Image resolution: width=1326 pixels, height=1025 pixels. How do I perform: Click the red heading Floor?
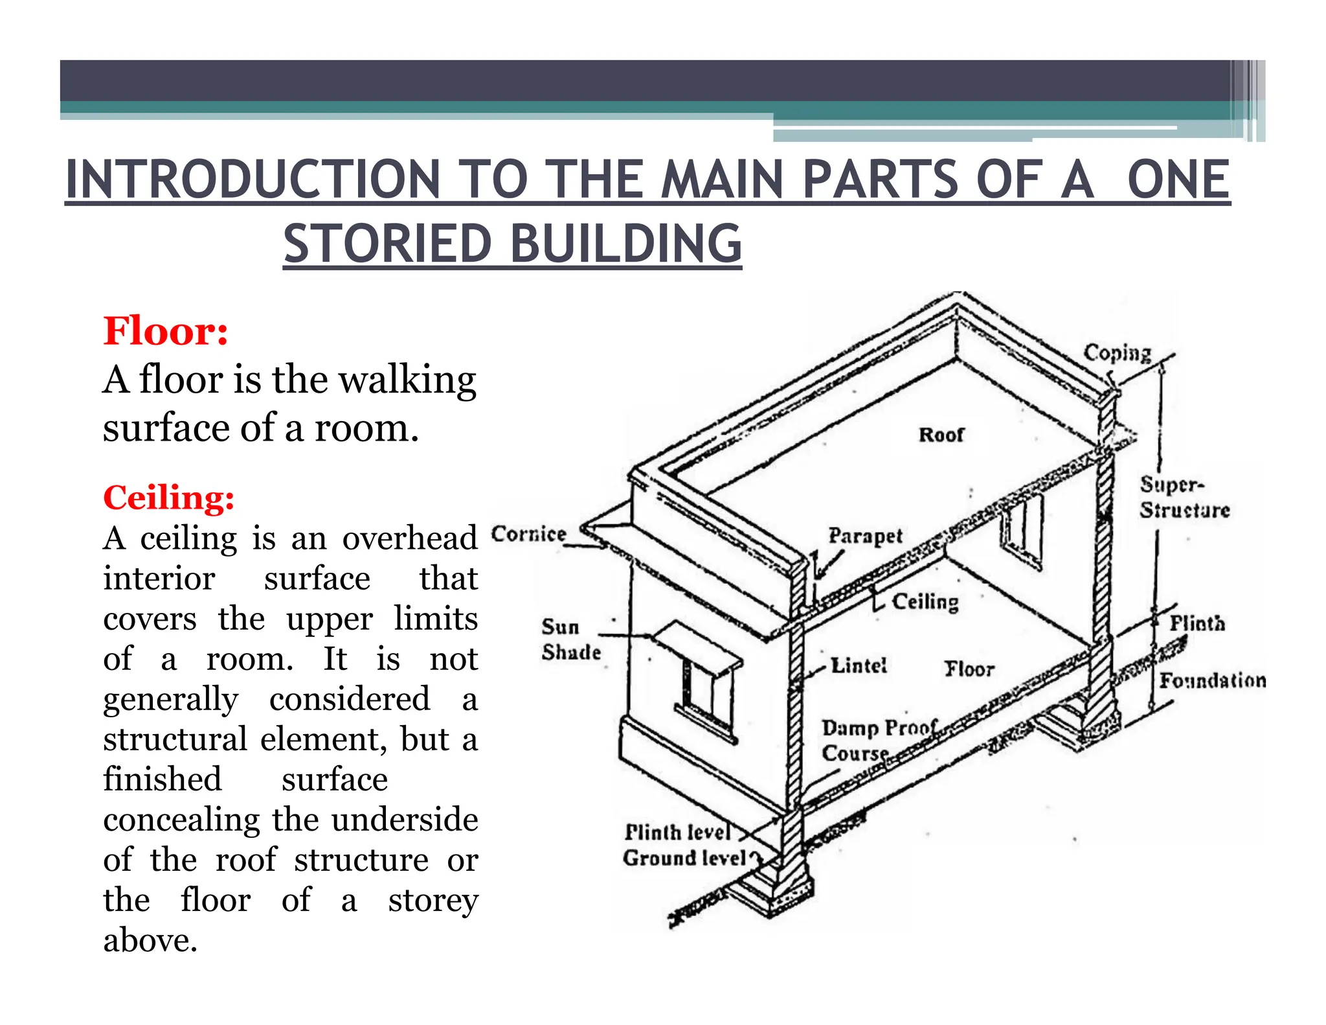pos(166,332)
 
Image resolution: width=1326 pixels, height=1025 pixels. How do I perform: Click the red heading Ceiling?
pos(168,498)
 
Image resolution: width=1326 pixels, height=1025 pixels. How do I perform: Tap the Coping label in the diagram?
pos(1118,353)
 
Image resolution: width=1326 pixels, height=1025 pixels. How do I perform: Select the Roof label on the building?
pos(941,435)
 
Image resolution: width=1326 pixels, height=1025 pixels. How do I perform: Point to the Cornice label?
pos(528,535)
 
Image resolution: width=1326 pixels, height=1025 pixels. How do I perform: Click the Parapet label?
pos(865,536)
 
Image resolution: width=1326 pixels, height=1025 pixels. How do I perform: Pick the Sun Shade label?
pos(570,639)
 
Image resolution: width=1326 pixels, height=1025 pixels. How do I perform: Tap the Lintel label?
pos(859,665)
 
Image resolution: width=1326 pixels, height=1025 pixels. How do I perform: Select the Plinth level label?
pos(677,832)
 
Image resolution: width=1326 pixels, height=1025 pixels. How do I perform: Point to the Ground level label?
pos(684,858)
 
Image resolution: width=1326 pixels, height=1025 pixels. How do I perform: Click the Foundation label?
pos(1212,680)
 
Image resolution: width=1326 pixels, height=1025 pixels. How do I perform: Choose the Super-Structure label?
pos(1184,497)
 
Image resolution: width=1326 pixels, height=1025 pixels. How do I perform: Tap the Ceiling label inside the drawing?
pos(925,602)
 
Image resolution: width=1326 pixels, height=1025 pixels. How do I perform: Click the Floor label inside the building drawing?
pos(969,669)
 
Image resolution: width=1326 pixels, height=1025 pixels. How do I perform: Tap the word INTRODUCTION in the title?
pos(253,179)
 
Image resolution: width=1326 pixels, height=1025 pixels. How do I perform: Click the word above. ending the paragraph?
pos(150,940)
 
